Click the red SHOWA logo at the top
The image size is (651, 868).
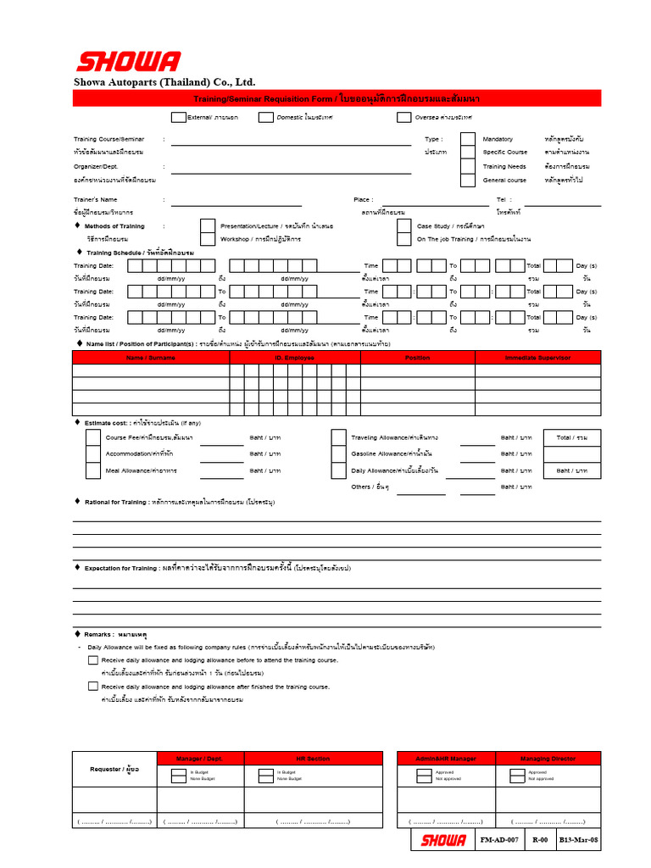coord(128,62)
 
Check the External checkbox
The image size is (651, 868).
coord(178,117)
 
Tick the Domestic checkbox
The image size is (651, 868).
coord(266,117)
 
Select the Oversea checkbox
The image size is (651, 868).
coord(403,117)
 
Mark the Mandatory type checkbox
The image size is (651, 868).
coord(468,139)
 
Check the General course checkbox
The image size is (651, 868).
coord(468,180)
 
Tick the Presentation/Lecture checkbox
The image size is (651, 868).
coord(207,226)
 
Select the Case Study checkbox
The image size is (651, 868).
coord(404,226)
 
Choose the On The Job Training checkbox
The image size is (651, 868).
coord(404,239)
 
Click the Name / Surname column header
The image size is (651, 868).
coord(151,358)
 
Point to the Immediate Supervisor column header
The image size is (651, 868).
coord(537,358)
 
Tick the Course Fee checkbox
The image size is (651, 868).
coord(92,437)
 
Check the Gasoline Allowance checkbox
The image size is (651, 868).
coord(338,453)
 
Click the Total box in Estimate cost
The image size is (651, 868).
coord(571,437)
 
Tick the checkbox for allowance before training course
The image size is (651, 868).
coord(92,659)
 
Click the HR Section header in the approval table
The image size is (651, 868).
coord(313,759)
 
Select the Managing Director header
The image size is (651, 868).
coord(552,759)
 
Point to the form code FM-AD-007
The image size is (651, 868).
coord(499,840)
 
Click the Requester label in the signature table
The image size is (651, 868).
coord(114,769)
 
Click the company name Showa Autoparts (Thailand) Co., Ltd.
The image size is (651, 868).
coord(164,82)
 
